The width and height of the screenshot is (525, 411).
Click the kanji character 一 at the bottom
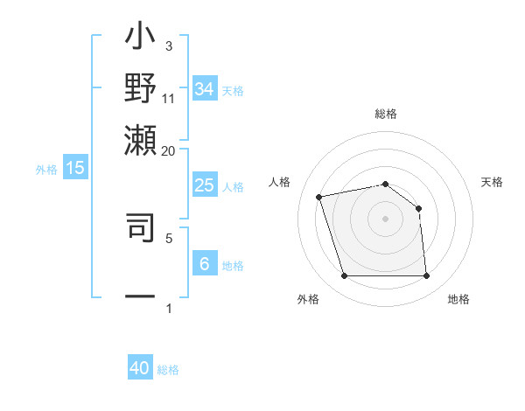click(x=140, y=296)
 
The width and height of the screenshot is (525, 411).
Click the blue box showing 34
click(x=205, y=89)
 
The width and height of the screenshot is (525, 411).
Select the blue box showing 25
click(x=204, y=185)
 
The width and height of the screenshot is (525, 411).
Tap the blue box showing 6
click(x=204, y=264)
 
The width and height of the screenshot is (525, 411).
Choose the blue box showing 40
click(x=140, y=369)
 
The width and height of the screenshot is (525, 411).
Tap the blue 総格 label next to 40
click(x=168, y=370)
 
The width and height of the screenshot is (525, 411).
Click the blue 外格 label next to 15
click(x=46, y=170)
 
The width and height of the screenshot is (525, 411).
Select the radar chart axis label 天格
click(x=493, y=182)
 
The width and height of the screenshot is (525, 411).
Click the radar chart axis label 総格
click(x=385, y=114)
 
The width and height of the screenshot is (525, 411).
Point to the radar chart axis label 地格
click(x=458, y=299)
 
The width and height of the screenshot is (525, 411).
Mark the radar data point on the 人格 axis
click(x=319, y=196)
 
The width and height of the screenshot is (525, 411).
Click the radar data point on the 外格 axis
click(x=344, y=276)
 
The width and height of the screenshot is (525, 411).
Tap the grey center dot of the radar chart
click(x=385, y=219)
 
